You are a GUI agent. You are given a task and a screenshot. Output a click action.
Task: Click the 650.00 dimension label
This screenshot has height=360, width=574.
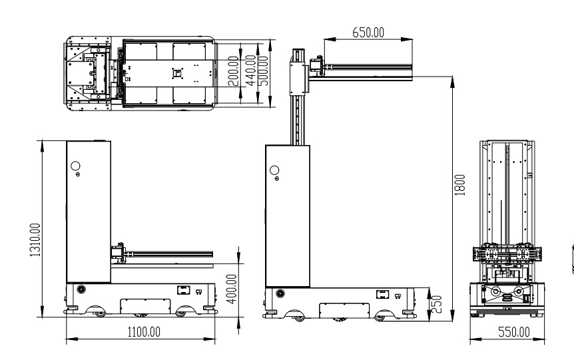368,33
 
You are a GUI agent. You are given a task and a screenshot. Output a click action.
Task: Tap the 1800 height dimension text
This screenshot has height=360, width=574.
459,185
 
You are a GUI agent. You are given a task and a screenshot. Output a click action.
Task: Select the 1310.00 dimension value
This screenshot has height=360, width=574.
35,240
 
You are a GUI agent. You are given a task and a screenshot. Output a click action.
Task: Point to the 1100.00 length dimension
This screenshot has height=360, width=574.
144,332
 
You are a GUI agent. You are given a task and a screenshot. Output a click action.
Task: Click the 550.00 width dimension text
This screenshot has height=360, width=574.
513,332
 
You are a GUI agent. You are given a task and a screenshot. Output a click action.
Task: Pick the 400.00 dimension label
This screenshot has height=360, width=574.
231,289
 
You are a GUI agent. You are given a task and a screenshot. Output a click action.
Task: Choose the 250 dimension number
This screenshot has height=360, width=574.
436,304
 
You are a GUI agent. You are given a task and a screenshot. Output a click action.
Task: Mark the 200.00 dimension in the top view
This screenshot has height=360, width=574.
233,71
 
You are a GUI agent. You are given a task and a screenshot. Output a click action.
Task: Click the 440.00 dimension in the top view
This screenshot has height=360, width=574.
250,71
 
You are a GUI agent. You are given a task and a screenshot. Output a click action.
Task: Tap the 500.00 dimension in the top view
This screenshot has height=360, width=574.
263,71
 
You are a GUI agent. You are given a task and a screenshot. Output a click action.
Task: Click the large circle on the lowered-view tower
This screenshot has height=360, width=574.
75,166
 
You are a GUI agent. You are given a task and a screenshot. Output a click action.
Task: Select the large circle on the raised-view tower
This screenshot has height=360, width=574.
274,170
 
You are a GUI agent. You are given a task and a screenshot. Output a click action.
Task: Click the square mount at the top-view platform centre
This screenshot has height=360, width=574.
177,73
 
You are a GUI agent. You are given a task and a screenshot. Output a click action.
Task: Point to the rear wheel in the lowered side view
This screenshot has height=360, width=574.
99,313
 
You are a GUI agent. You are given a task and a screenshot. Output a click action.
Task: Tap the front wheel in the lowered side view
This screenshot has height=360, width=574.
181,313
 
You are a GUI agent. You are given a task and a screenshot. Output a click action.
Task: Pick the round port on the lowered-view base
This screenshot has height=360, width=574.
81,289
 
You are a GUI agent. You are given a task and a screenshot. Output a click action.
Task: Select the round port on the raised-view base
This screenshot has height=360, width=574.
280,293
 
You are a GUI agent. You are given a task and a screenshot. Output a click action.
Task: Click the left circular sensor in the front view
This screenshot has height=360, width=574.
495,291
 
